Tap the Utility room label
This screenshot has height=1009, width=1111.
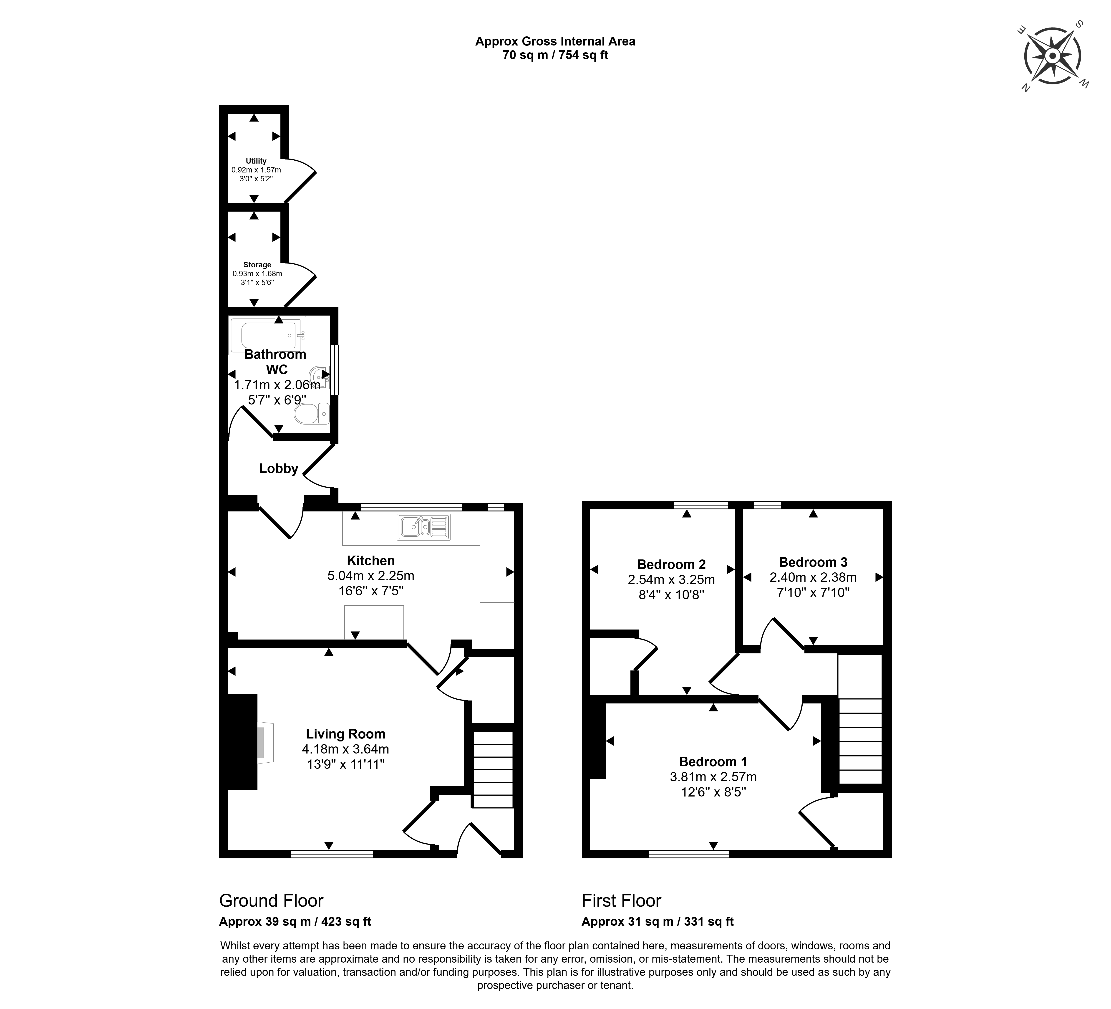coord(256,161)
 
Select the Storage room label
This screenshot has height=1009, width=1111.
coord(257,265)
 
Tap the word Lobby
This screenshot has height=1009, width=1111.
coord(279,469)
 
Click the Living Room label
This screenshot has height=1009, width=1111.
coord(345,734)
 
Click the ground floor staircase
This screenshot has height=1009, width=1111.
coord(493,770)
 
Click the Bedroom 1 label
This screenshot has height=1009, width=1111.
coord(713,761)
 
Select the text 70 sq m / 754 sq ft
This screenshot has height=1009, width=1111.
coord(555,55)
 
